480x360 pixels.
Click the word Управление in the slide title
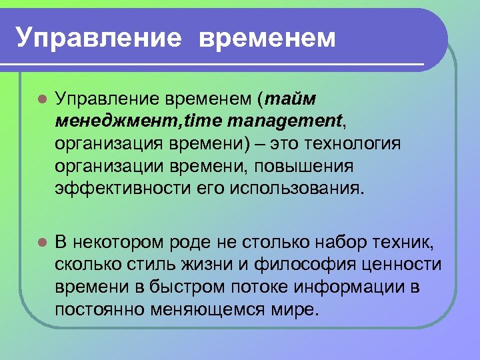pos(99,38)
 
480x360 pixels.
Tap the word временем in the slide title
pos(267,38)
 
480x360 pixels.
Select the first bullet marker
pos(41,100)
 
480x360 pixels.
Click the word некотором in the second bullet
pos(121,241)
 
